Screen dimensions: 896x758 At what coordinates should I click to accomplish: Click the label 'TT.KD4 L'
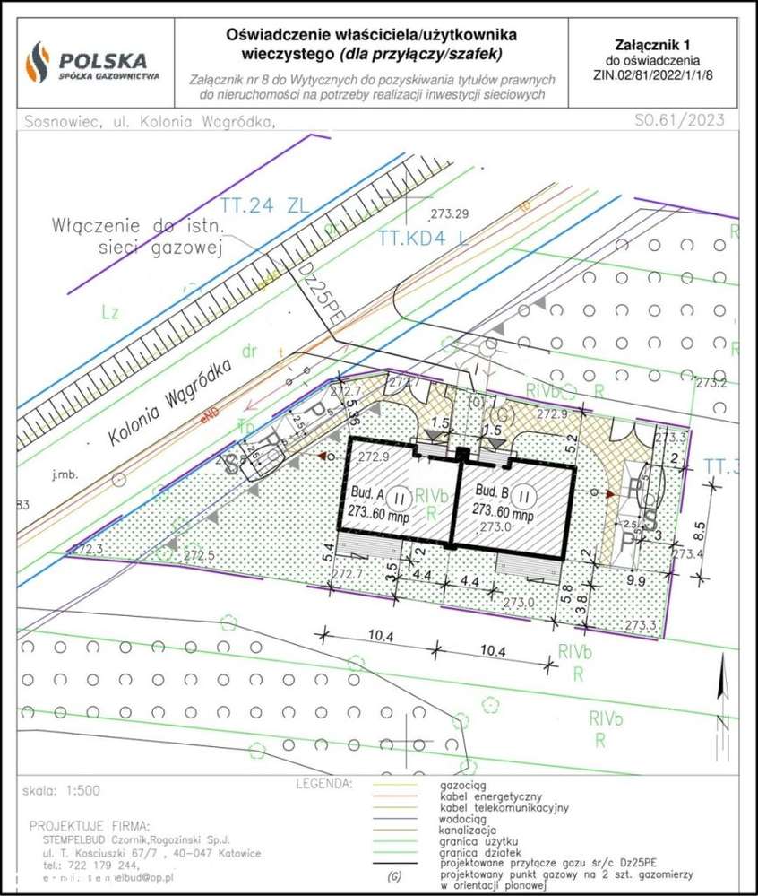[x=422, y=239]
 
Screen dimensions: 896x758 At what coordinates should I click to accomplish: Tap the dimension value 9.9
[x=636, y=581]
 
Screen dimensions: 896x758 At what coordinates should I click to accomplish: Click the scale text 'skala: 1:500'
[x=64, y=791]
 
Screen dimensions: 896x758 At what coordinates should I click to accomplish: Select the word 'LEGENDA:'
[x=323, y=783]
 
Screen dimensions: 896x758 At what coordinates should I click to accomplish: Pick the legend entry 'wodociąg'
[x=463, y=819]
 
